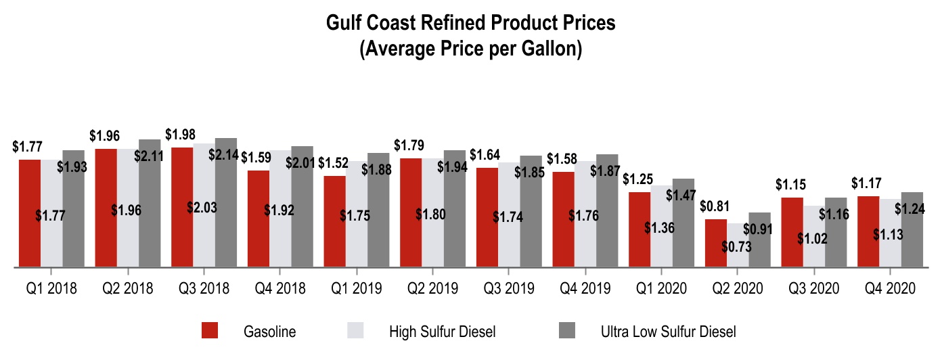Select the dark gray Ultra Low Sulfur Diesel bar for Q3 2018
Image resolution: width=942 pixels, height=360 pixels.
pyautogui.click(x=226, y=202)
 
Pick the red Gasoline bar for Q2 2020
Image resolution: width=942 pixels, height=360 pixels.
pyautogui.click(x=716, y=243)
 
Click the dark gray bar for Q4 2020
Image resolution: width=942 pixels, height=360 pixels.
pyautogui.click(x=912, y=229)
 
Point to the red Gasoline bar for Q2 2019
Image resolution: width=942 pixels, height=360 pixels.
pyautogui.click(x=411, y=212)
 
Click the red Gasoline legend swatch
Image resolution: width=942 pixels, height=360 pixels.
pyautogui.click(x=210, y=331)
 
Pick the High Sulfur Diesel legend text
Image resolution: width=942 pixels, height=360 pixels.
pyautogui.click(x=443, y=332)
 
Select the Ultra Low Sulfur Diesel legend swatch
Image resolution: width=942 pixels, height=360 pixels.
pyautogui.click(x=566, y=331)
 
